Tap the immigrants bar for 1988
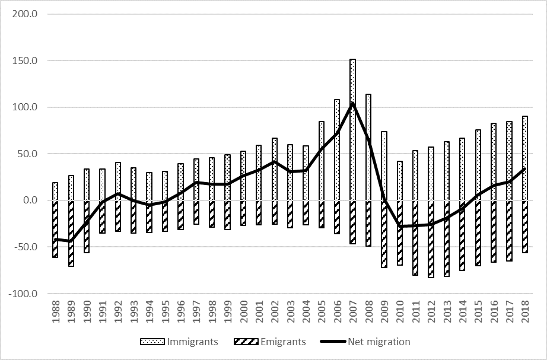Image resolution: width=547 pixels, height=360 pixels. click(55, 191)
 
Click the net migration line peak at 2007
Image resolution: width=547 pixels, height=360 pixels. click(352, 103)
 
